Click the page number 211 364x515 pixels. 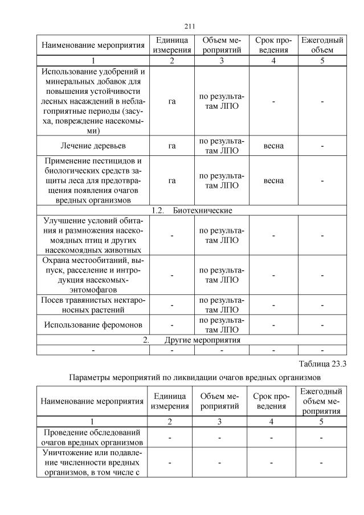[x=191, y=26]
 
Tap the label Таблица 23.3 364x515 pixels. [x=322, y=364]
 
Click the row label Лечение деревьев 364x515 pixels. [x=93, y=146]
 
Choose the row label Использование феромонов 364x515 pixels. [x=93, y=325]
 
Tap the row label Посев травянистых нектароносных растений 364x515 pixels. [x=93, y=305]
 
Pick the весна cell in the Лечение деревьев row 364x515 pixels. [x=273, y=146]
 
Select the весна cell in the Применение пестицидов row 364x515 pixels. [x=273, y=181]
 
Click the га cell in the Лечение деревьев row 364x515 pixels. [x=172, y=146]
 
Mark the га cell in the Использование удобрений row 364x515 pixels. [x=172, y=101]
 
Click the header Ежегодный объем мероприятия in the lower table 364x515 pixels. [x=322, y=401]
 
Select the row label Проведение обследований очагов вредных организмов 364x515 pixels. [x=93, y=436]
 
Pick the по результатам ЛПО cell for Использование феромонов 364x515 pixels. [x=222, y=325]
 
